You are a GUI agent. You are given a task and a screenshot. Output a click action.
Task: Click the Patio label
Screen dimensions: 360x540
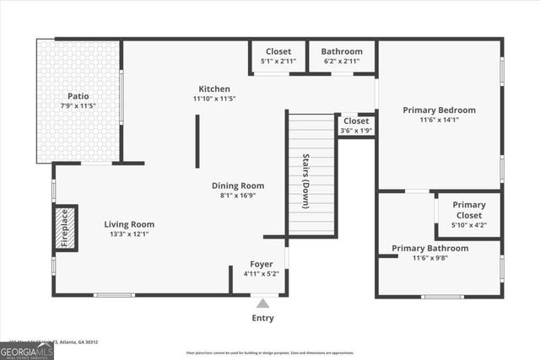pyautogui.click(x=78, y=96)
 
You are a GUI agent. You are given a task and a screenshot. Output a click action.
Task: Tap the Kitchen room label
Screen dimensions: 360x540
pyautogui.click(x=214, y=89)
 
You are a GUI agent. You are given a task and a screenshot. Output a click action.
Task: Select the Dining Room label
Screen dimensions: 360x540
pyautogui.click(x=237, y=185)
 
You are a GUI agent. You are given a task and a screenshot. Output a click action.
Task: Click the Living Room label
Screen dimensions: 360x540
pyautogui.click(x=129, y=224)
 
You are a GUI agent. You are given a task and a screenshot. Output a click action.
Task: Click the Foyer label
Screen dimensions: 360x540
pyautogui.click(x=261, y=264)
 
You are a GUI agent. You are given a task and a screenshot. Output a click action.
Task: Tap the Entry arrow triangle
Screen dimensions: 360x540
pyautogui.click(x=263, y=304)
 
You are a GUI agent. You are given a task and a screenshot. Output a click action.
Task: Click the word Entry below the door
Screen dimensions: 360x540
pyautogui.click(x=263, y=318)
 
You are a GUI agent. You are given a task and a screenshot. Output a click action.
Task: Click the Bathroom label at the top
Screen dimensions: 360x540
pyautogui.click(x=342, y=51)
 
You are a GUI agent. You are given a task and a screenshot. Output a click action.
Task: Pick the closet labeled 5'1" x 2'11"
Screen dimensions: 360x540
pyautogui.click(x=278, y=56)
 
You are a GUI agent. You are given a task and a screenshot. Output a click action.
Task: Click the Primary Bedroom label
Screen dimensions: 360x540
pyautogui.click(x=439, y=110)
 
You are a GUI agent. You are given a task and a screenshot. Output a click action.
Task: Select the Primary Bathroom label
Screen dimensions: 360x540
pyautogui.click(x=429, y=248)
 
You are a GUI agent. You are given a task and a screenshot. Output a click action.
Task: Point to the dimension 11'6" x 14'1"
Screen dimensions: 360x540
pyautogui.click(x=439, y=120)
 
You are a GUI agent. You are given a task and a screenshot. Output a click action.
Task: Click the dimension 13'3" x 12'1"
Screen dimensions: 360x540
pyautogui.click(x=129, y=234)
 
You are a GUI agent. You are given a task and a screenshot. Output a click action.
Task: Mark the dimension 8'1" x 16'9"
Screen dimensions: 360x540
pyautogui.click(x=237, y=196)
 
